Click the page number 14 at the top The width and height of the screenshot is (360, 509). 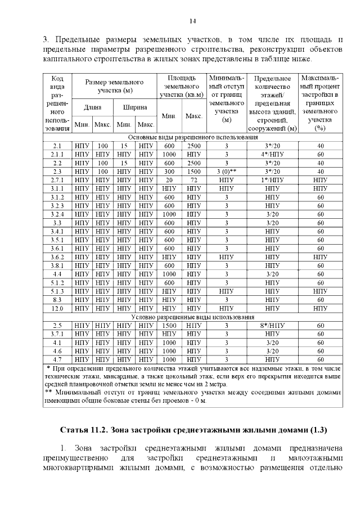pos(192,21)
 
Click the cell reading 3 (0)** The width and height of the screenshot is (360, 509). pos(227,171)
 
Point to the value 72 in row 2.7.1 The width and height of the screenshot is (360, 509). pos(194,180)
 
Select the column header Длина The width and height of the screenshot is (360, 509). pos(92,107)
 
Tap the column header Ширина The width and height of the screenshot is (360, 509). pos(135,107)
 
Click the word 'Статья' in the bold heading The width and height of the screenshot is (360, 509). pos(75,430)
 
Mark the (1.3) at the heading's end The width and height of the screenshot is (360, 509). pos(316,430)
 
